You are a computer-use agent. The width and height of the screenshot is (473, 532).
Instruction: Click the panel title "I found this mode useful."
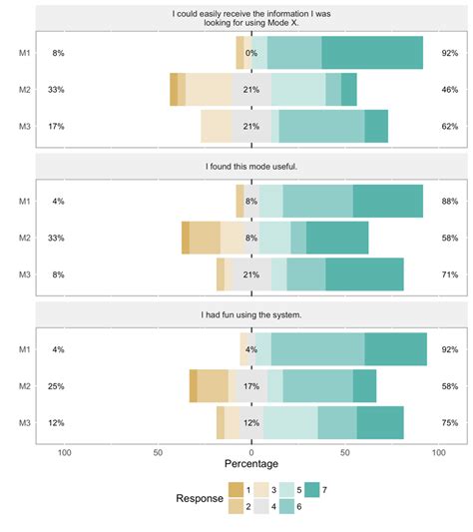click(250, 166)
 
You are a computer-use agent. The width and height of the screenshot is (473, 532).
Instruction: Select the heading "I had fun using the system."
click(250, 315)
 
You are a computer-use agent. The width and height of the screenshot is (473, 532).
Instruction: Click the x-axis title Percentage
click(250, 463)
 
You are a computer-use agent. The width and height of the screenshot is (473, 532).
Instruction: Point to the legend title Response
click(199, 497)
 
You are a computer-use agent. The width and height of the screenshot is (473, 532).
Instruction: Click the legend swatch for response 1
click(236, 488)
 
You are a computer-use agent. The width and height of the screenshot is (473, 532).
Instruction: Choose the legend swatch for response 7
click(311, 488)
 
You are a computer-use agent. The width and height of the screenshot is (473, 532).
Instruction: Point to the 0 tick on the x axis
click(251, 451)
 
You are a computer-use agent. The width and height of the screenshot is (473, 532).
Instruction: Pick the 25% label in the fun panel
click(56, 386)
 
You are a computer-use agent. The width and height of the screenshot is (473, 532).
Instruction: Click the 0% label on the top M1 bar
click(251, 53)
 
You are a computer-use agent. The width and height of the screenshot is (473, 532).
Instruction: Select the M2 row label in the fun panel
click(23, 386)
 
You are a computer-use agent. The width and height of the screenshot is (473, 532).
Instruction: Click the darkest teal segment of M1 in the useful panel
click(387, 201)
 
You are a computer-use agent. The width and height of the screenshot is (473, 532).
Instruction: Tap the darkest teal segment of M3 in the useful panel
click(364, 274)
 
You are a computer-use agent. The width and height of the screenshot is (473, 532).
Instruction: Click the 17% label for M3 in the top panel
click(56, 127)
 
